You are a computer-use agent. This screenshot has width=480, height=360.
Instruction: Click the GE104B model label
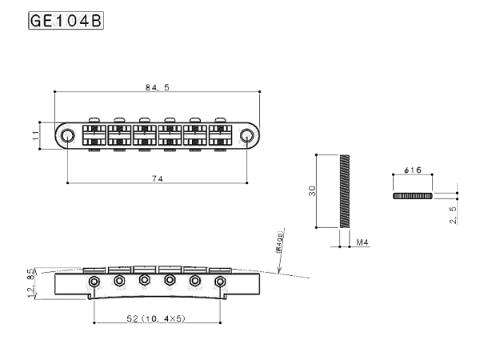click(x=66, y=20)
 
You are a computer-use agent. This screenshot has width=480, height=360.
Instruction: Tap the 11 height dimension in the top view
click(x=35, y=134)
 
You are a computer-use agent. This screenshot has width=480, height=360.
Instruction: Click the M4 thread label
click(x=361, y=241)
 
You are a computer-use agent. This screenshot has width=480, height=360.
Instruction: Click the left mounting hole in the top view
click(x=69, y=134)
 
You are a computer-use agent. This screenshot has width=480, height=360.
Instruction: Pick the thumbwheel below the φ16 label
click(x=414, y=196)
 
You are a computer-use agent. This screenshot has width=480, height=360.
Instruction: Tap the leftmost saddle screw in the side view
click(x=94, y=281)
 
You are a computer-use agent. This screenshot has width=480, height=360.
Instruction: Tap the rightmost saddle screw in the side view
click(x=219, y=281)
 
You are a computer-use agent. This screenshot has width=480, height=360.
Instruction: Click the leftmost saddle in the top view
click(x=96, y=134)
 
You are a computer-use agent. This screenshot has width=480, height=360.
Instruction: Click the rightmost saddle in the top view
click(x=218, y=134)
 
